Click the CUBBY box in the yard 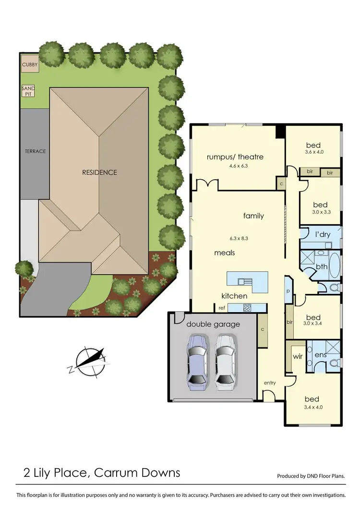click(30, 64)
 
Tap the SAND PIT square click(28, 91)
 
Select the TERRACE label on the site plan click(36, 151)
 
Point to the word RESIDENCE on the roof click(99, 172)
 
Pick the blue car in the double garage click(198, 360)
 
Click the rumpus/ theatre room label click(235, 157)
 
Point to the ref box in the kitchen click(222, 308)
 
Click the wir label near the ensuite click(297, 357)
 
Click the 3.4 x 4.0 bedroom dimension click(313, 407)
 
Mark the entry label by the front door click(270, 383)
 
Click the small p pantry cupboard click(288, 291)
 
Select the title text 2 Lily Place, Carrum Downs click(102, 473)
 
